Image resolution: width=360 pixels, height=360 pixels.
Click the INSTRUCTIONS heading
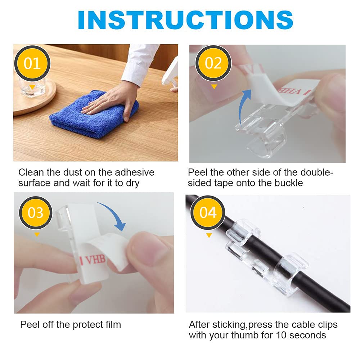(x=185, y=20)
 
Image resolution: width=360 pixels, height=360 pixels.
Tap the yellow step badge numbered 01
(x=32, y=63)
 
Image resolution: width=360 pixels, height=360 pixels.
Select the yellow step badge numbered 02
(x=213, y=63)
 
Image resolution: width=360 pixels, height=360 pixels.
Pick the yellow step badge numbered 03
(x=36, y=213)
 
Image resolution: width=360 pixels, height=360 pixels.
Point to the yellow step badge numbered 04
(x=208, y=213)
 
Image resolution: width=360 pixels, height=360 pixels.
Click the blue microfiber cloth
(x=94, y=115)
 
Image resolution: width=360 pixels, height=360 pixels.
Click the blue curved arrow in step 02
(x=244, y=105)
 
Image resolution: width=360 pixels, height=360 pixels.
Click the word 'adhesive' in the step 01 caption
(x=134, y=172)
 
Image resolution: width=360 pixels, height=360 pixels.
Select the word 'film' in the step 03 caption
(x=113, y=325)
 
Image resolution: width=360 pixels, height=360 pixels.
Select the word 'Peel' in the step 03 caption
(x=29, y=325)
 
